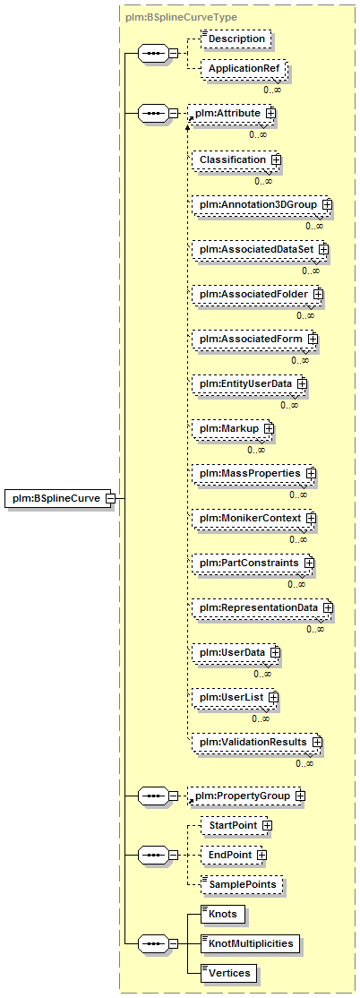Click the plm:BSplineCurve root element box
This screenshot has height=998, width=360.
click(60, 498)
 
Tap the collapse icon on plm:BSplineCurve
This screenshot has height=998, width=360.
click(109, 498)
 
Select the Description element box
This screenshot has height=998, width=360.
click(236, 39)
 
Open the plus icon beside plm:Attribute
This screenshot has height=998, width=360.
click(270, 113)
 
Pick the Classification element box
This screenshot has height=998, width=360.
click(236, 159)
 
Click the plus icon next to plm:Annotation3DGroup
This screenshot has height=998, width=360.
click(328, 205)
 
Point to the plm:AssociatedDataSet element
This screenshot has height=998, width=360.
click(261, 249)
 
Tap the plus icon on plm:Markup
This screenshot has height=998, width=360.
click(269, 429)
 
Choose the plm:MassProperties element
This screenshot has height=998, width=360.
click(254, 474)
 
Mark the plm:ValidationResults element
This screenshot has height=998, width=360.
click(258, 742)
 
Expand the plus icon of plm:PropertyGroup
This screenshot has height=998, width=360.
click(300, 796)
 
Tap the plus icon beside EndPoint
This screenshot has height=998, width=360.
click(261, 855)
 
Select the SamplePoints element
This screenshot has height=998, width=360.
click(242, 885)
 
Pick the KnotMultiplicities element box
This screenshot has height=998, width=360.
click(251, 943)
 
